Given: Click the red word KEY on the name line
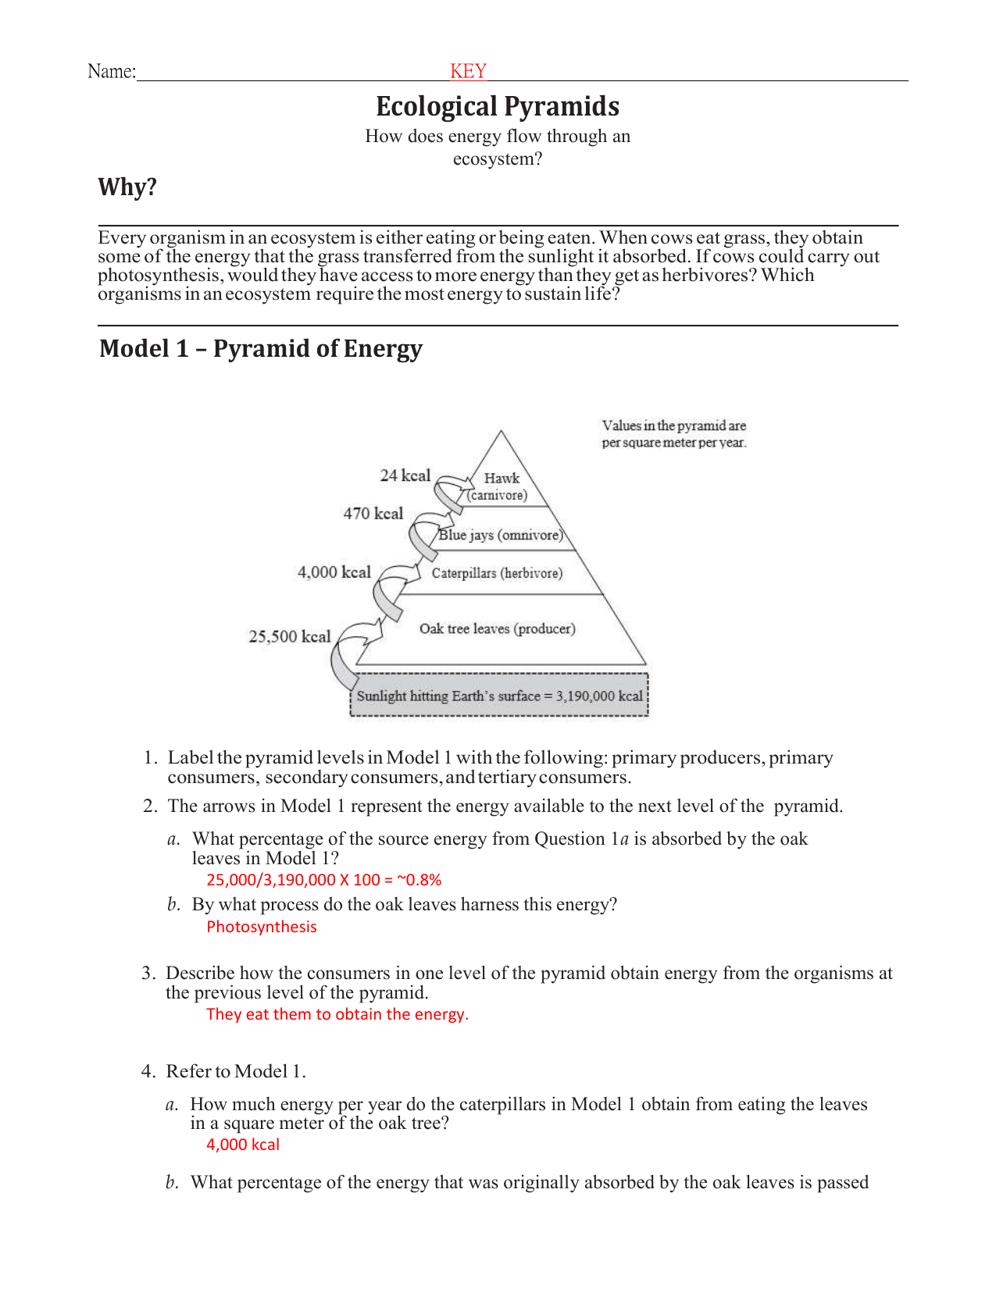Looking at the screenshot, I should [468, 71].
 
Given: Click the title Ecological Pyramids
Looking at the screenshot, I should [498, 106].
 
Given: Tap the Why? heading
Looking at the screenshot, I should [127, 187].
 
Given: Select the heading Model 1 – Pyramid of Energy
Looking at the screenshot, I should [260, 348].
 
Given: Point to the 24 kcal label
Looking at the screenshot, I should [405, 475].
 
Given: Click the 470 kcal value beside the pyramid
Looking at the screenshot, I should [373, 514].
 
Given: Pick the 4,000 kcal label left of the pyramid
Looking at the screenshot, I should [334, 572].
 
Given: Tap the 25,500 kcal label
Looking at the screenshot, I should [290, 636].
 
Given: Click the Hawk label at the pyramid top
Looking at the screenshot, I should [501, 479].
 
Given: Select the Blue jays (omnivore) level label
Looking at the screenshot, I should [501, 535].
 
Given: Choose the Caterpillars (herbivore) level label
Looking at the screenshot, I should [497, 573].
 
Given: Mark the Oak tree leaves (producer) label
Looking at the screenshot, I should [497, 628].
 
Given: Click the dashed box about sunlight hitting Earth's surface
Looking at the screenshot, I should [499, 696].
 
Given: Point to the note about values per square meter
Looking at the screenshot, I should [673, 434].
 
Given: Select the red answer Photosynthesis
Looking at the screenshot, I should [262, 927].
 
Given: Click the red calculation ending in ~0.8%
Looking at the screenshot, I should [323, 880].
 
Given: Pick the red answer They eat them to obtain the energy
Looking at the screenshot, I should [337, 1014].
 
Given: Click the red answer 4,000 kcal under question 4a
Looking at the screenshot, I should [243, 1145].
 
